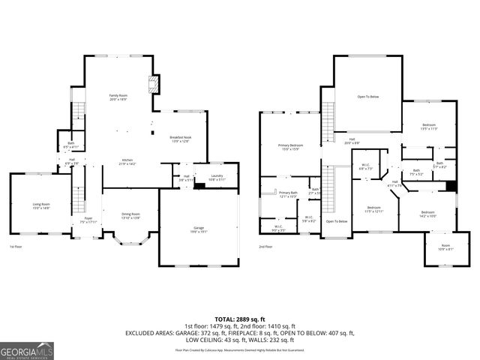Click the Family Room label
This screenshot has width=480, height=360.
[118, 97]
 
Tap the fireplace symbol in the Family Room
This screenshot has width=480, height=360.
[153, 84]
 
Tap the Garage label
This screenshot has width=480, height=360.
[199, 232]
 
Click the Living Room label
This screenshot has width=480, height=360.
[40, 206]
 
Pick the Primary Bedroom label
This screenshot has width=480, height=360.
[291, 147]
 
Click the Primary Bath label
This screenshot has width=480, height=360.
[289, 195]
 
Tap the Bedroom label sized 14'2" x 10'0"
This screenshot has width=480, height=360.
[427, 214]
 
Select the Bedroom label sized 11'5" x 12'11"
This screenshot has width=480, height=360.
[374, 209]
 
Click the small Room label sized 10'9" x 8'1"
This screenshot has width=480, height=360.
[445, 247]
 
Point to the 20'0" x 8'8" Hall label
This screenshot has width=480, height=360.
[351, 141]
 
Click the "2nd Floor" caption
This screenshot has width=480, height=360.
[266, 247]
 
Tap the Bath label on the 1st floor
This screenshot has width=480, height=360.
[70, 145]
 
